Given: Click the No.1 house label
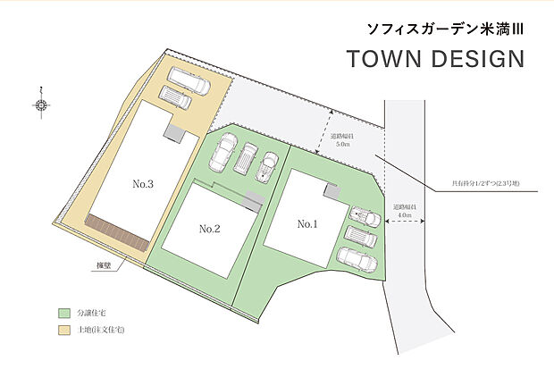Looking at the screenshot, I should tap(307, 223).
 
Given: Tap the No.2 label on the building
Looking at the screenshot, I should tap(209, 229).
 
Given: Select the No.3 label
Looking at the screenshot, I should tap(144, 184).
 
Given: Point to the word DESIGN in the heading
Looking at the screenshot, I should tap(477, 61).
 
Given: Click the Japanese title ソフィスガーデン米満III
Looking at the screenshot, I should tap(445, 29).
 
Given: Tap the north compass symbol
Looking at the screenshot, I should tap(41, 105).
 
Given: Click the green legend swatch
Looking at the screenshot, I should tap(63, 314).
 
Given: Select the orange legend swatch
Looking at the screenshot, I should tap(63, 331).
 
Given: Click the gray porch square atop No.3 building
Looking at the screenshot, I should tap(172, 132).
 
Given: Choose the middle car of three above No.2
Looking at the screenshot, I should tap(245, 159).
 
